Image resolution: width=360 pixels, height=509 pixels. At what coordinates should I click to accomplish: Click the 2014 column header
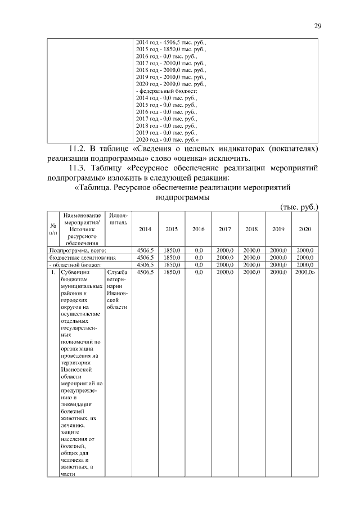(145, 229)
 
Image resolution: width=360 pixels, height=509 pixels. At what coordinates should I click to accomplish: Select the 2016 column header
(198, 229)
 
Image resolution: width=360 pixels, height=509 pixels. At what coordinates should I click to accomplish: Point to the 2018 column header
(251, 229)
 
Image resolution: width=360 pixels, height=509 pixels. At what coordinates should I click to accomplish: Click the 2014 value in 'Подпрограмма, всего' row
(145, 250)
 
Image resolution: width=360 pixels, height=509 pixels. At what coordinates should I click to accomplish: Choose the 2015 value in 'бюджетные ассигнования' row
(172, 257)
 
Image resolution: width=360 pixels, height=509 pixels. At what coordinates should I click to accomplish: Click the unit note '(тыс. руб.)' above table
(299, 206)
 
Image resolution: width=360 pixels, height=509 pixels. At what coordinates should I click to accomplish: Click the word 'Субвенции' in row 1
(73, 272)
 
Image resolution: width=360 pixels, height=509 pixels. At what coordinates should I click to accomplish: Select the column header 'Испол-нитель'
(118, 219)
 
